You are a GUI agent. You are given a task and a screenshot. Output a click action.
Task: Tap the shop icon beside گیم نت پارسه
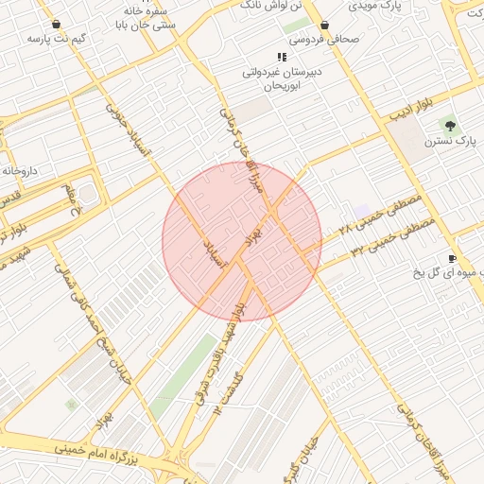[x=56, y=24]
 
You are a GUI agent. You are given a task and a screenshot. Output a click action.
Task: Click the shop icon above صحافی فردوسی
[x=324, y=25]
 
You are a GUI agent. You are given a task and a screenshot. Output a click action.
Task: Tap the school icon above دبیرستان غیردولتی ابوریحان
[x=281, y=57]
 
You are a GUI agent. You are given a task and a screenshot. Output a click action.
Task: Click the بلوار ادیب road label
[x=411, y=110]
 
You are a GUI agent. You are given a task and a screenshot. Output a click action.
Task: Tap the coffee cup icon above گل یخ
[x=452, y=259]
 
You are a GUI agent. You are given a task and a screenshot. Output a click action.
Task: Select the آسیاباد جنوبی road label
[x=121, y=127]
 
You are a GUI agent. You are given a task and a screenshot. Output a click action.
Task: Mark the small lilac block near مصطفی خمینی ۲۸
[x=363, y=210]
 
